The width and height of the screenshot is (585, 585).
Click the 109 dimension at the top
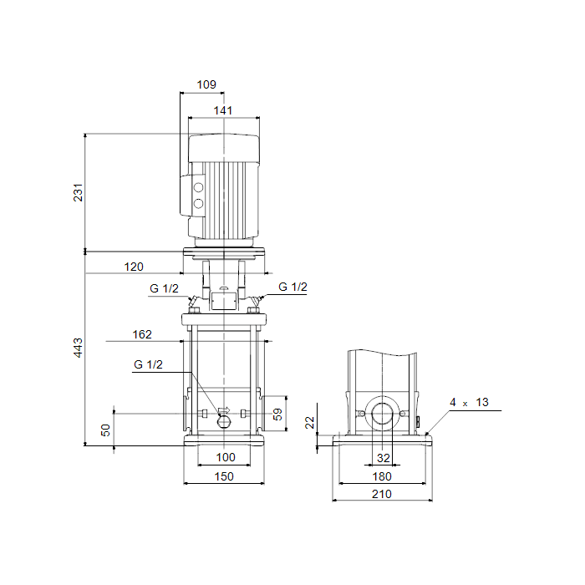point(207,84)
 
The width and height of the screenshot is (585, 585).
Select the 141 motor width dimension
point(223,110)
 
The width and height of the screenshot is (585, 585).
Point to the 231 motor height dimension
point(79,193)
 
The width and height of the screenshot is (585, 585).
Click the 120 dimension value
point(134,267)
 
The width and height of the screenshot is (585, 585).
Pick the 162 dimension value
point(142,334)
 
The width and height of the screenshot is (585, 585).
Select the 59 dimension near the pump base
point(279,413)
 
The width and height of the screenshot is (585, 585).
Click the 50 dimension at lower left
point(105,430)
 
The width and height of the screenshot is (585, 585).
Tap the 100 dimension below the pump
point(226,457)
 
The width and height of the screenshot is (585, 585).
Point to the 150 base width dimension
point(223,476)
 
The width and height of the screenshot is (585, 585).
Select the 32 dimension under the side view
point(383,458)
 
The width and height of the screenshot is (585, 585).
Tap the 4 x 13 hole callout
point(469,403)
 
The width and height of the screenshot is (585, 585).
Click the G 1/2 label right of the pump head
point(292,287)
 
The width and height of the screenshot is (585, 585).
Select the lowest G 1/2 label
point(148,364)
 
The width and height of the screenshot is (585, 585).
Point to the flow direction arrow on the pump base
point(224,410)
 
